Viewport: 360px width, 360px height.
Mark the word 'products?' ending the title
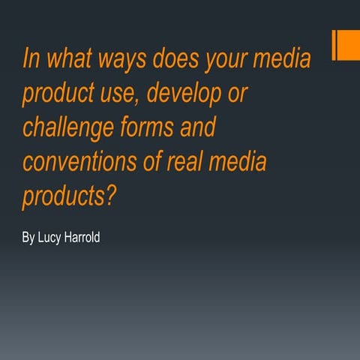[71, 196]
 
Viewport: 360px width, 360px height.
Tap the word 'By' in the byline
[28, 238]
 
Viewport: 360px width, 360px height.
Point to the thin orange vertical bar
[334, 45]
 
